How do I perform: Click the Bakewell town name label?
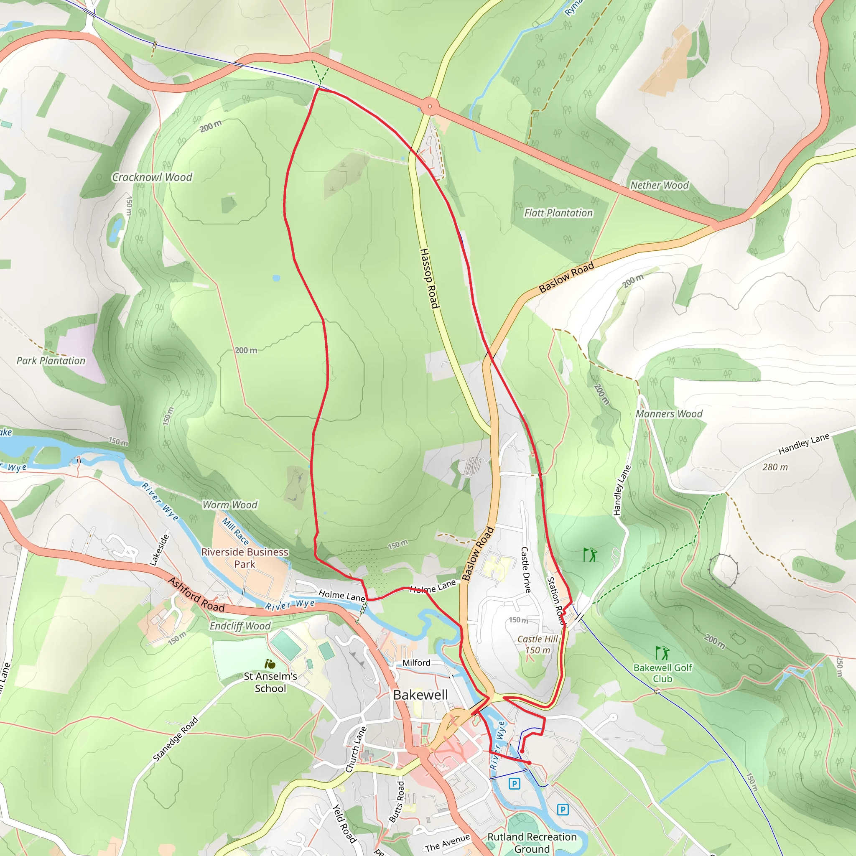tap(420, 695)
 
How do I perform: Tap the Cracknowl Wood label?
tap(152, 177)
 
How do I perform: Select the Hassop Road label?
tap(429, 278)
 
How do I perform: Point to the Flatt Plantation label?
tap(558, 213)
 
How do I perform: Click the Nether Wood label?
tap(659, 185)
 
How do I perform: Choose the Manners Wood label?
tap(669, 414)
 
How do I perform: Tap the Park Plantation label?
tap(51, 361)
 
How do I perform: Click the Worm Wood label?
tap(230, 504)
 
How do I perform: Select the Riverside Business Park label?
tap(245, 558)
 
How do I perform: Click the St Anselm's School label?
tap(270, 682)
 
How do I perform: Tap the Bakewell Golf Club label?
tap(662, 673)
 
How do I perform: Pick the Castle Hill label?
tap(538, 639)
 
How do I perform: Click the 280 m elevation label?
tap(775, 467)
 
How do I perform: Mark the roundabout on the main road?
tap(430, 106)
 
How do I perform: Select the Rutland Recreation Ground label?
tap(532, 842)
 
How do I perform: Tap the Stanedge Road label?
tap(176, 739)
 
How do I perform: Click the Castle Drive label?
tap(525, 570)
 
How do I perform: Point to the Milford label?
tap(416, 663)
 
